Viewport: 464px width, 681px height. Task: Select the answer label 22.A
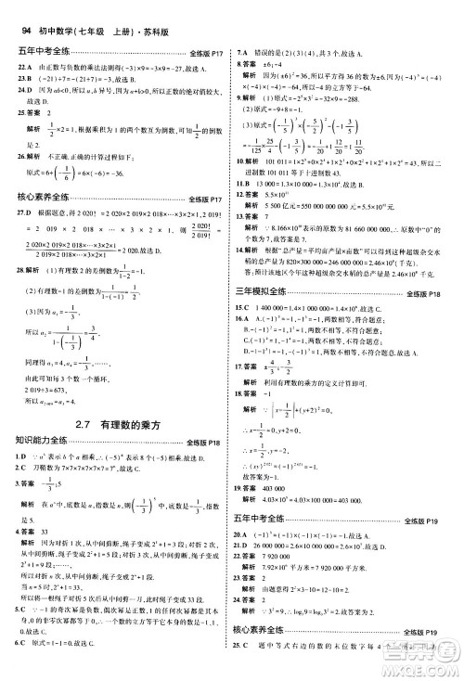point(24,81)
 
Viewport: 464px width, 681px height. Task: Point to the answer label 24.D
point(24,108)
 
